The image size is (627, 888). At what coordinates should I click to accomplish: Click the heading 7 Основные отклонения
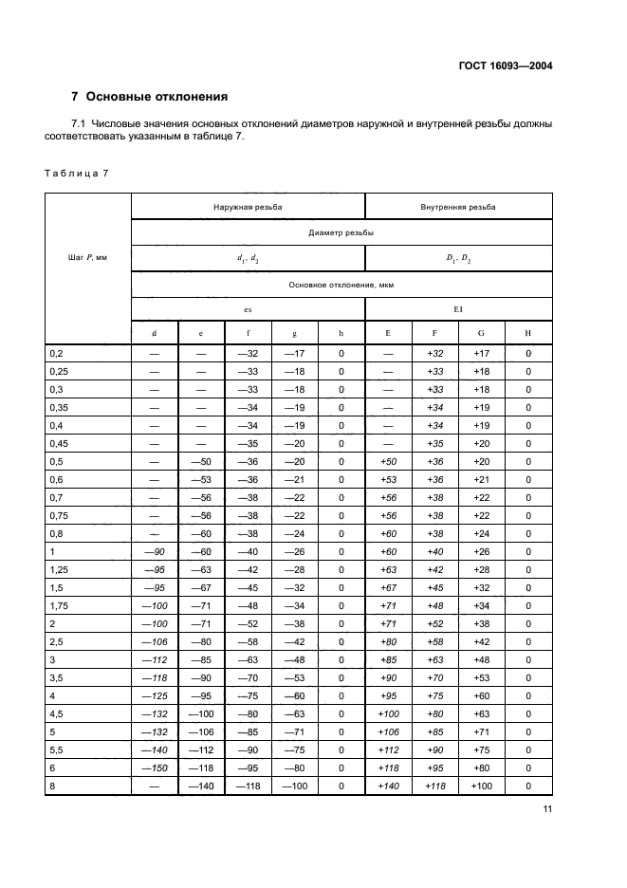pyautogui.click(x=150, y=97)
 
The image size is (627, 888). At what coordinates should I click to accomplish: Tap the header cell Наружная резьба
pyautogui.click(x=248, y=206)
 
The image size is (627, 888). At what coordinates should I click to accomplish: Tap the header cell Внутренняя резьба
pyautogui.click(x=458, y=206)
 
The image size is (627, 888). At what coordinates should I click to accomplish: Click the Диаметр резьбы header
pyautogui.click(x=341, y=231)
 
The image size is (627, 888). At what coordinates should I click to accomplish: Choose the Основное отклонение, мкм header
pyautogui.click(x=341, y=284)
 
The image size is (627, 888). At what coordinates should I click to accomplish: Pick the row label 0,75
pyautogui.click(x=59, y=515)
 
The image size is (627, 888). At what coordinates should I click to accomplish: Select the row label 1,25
pyautogui.click(x=59, y=569)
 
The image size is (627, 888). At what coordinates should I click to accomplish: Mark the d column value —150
pyautogui.click(x=154, y=768)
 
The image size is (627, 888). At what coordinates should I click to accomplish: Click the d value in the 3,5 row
pyautogui.click(x=154, y=677)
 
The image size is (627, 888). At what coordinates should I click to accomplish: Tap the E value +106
pyautogui.click(x=389, y=731)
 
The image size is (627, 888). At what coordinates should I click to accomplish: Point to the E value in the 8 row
pyautogui.click(x=389, y=786)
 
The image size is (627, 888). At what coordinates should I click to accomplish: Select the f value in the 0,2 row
pyautogui.click(x=248, y=353)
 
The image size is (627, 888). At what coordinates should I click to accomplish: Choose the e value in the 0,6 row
pyautogui.click(x=201, y=479)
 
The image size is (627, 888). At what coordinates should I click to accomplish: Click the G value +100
pyautogui.click(x=482, y=786)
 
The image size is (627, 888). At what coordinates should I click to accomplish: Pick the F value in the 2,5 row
pyautogui.click(x=435, y=641)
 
